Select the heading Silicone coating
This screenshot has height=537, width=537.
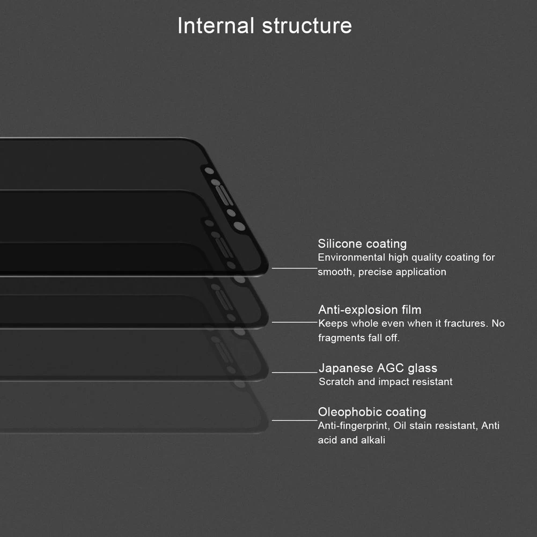pyautogui.click(x=362, y=244)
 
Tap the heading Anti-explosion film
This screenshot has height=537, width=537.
pyautogui.click(x=370, y=310)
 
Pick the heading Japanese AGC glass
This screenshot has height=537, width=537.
pyautogui.click(x=378, y=368)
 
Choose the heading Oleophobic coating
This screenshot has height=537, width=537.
pyautogui.click(x=372, y=412)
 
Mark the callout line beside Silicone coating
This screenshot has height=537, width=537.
pyautogui.click(x=295, y=268)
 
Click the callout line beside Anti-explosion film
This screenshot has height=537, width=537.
pyautogui.click(x=295, y=322)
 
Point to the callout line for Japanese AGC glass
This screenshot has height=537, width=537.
pyautogui.click(x=295, y=372)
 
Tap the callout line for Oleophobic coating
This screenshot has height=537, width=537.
pyautogui.click(x=295, y=420)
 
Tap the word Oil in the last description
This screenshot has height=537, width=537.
pyautogui.click(x=400, y=426)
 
